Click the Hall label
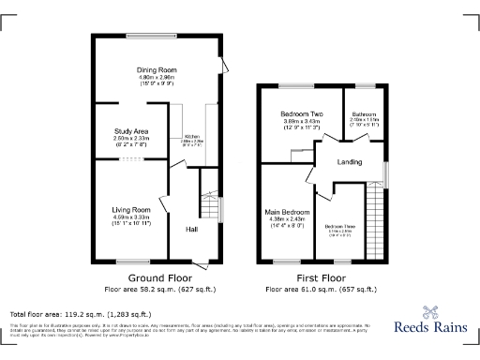click(x=191, y=229)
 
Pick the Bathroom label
click(x=364, y=113)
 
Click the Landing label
click(x=351, y=162)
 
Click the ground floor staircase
click(x=210, y=206)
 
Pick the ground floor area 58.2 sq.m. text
click(x=154, y=290)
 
